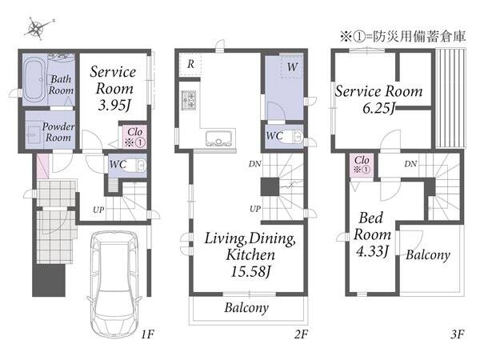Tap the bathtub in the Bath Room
(x=35, y=81)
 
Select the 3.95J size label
(x=114, y=105)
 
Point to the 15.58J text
(x=250, y=271)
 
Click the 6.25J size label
(x=379, y=108)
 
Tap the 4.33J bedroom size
(x=372, y=251)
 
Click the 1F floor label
(x=147, y=334)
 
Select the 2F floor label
(x=302, y=334)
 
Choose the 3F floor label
(x=458, y=334)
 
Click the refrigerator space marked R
(x=190, y=64)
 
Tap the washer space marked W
(x=292, y=66)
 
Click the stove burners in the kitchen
(x=189, y=100)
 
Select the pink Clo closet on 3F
(x=362, y=164)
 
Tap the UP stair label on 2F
(x=255, y=209)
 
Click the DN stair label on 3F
(x=410, y=164)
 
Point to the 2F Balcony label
(x=246, y=308)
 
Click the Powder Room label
(x=58, y=132)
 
